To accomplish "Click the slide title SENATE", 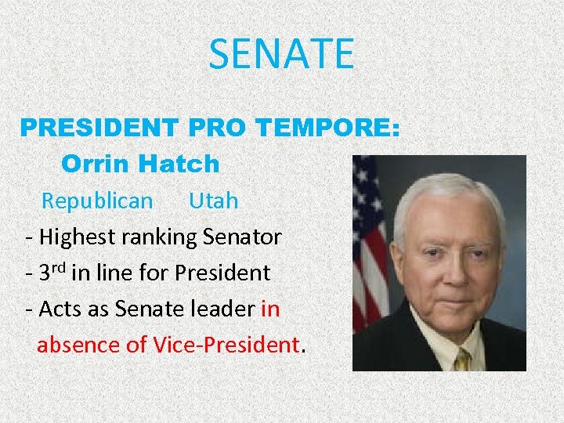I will [x=281, y=54].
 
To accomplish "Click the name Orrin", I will [x=93, y=164].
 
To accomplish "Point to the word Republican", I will [x=97, y=201].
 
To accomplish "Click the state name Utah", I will [x=213, y=201].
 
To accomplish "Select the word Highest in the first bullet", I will [x=78, y=237].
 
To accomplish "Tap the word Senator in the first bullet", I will [x=242, y=237].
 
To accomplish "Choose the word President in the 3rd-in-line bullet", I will [x=222, y=273].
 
